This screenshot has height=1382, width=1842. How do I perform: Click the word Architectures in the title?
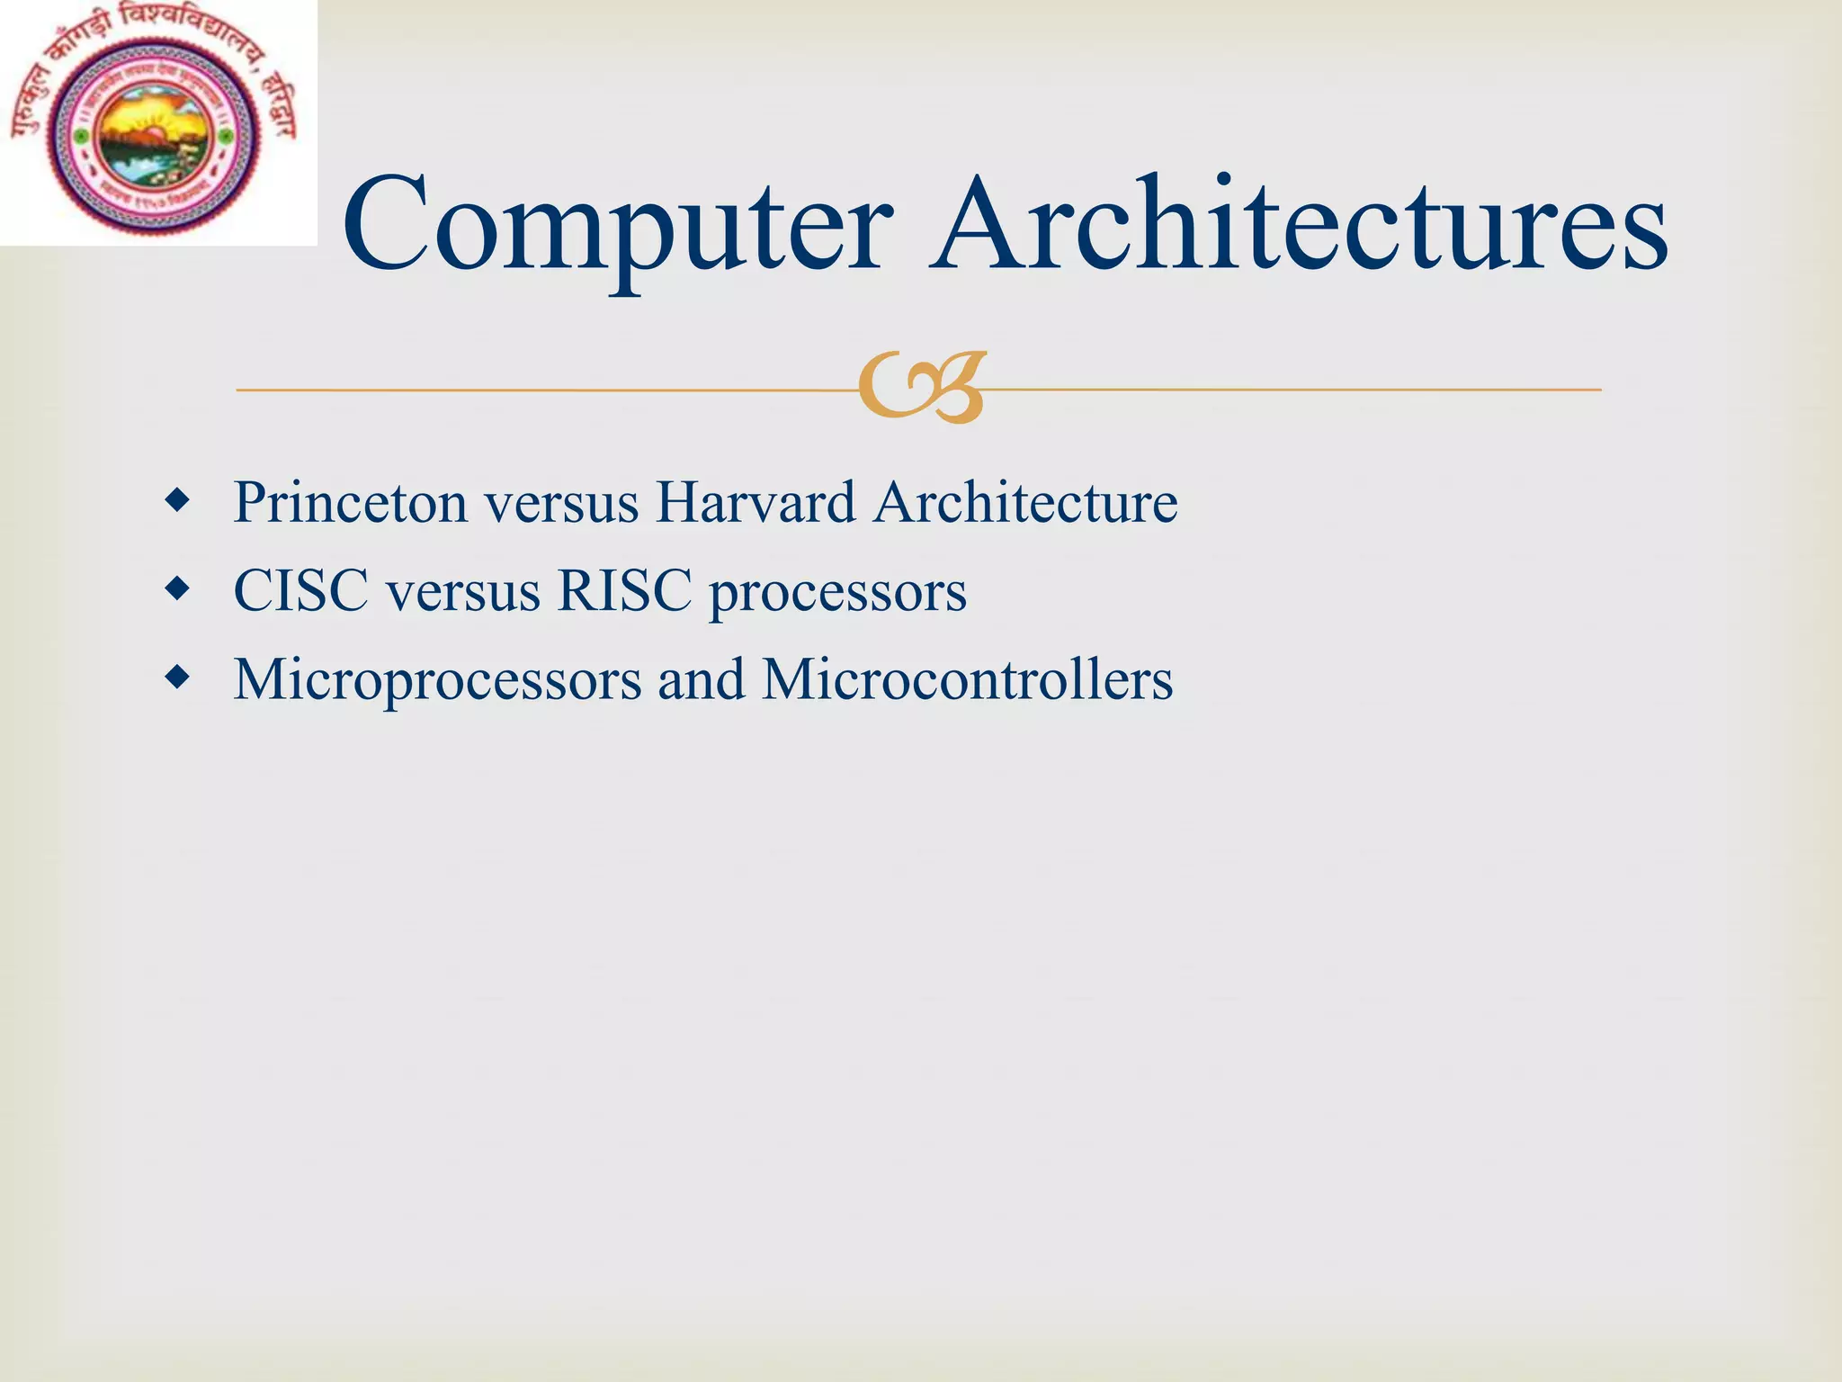pyautogui.click(x=1299, y=225)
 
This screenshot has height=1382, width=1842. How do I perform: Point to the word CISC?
pyautogui.click(x=300, y=591)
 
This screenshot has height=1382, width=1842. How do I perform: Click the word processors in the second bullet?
pyautogui.click(x=837, y=594)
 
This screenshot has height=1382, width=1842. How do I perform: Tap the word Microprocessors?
pyautogui.click(x=438, y=680)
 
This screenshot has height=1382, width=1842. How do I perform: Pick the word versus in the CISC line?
pyautogui.click(x=462, y=593)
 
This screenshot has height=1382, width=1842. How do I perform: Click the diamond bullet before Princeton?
pyautogui.click(x=178, y=500)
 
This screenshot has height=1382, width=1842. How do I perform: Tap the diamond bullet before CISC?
pyautogui.click(x=178, y=589)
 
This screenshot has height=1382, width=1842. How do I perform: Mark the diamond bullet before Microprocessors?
pyautogui.click(x=178, y=678)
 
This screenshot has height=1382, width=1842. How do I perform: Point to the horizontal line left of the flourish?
pyautogui.click(x=540, y=390)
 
